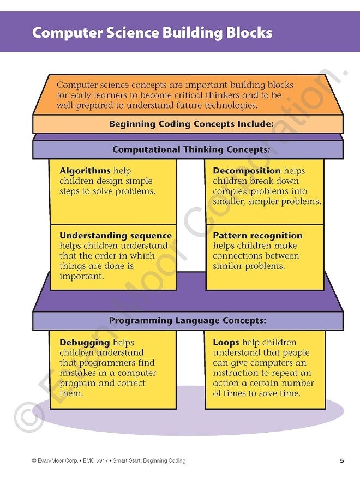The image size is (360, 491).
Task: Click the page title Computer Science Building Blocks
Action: tap(152, 33)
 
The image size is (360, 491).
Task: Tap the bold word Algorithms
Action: tap(85, 171)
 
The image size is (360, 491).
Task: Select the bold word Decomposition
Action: tap(247, 171)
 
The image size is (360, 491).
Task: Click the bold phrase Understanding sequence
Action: tap(116, 236)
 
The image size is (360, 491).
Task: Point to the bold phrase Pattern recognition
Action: tap(257, 236)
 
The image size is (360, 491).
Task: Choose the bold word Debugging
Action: tap(85, 343)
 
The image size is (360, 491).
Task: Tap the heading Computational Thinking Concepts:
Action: tap(191, 149)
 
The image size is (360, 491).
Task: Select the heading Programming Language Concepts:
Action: tap(188, 321)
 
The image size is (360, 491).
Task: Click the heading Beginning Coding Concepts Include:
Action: tap(191, 124)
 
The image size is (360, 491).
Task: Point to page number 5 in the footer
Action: tap(342, 461)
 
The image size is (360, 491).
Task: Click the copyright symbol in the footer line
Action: tap(34, 461)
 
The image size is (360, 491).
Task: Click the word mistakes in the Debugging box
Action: tap(78, 373)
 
